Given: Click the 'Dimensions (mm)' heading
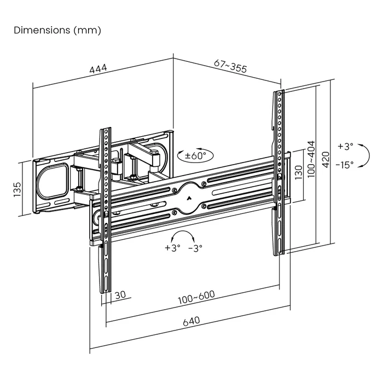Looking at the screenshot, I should click(x=57, y=31).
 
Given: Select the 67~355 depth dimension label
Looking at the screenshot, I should click(x=230, y=67).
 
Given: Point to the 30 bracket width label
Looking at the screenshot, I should click(x=120, y=294).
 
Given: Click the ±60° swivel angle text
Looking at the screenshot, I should click(x=195, y=156).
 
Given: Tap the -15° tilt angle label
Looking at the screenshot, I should click(x=345, y=164).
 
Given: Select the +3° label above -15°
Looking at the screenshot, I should click(x=345, y=146).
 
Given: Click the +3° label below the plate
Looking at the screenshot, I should click(x=171, y=247).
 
